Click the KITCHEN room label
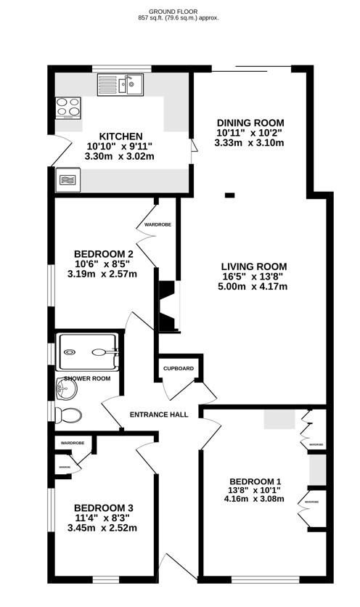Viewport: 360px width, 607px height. click(120, 136)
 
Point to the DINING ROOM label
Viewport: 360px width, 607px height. click(249, 122)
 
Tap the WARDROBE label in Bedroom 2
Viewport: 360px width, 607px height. click(157, 225)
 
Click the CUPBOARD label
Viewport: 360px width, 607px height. click(179, 369)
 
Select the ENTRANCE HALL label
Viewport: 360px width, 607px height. click(159, 415)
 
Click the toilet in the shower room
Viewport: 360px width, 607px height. click(69, 415)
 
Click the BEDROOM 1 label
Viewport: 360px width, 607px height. click(255, 481)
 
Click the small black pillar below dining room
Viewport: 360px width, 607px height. click(230, 195)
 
